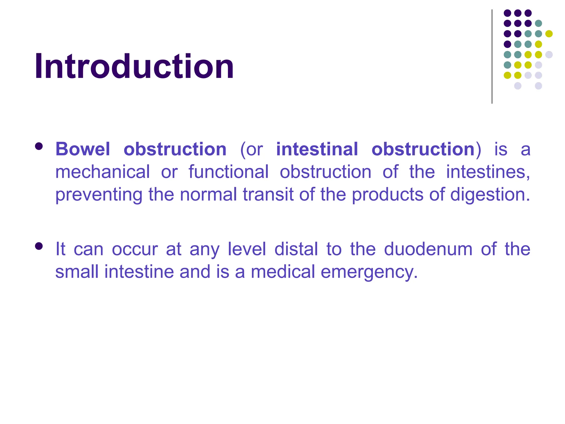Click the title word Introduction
pyautogui.click(x=134, y=67)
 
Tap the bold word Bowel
pyautogui.click(x=83, y=149)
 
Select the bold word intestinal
pyautogui.click(x=317, y=149)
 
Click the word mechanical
pyautogui.click(x=103, y=172)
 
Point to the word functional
pyautogui.click(x=228, y=172)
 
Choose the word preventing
pyautogui.click(x=99, y=195)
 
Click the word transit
pyautogui.click(x=268, y=195)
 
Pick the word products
pyautogui.click(x=387, y=195)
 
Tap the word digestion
pyautogui.click(x=490, y=195)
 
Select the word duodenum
pyautogui.click(x=428, y=249)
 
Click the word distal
pyautogui.click(x=296, y=249)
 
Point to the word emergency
pyautogui.click(x=369, y=272)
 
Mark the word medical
pyautogui.click(x=283, y=272)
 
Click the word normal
pyautogui.click(x=208, y=195)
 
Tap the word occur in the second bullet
pyautogui.click(x=135, y=249)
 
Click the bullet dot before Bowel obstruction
pyautogui.click(x=39, y=146)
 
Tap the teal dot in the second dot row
pyautogui.click(x=538, y=23)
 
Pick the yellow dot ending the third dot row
pyautogui.click(x=549, y=34)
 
